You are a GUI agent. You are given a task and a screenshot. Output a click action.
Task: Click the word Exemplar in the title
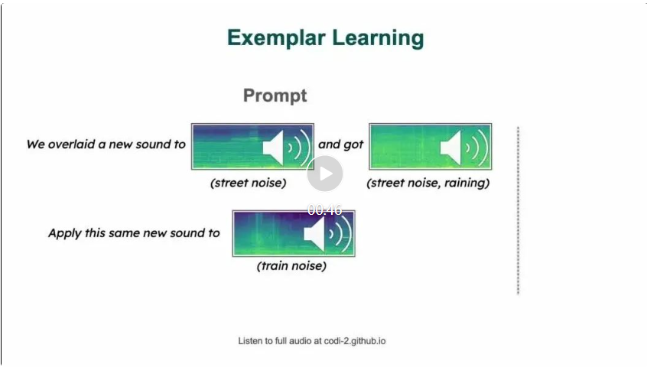tap(276, 38)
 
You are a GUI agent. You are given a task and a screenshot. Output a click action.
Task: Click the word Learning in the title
tap(378, 38)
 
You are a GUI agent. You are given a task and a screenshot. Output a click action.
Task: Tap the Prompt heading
tap(275, 96)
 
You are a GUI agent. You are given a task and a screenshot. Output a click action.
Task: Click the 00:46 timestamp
tap(325, 210)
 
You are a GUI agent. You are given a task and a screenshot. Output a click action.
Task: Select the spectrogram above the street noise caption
tap(252, 146)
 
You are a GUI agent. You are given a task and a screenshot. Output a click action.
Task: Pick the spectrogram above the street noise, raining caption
tap(431, 146)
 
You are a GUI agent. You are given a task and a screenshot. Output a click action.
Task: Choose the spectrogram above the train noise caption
tap(294, 233)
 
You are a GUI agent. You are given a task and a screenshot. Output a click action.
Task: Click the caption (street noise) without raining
tap(249, 183)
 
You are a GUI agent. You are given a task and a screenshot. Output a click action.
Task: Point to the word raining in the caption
tap(467, 183)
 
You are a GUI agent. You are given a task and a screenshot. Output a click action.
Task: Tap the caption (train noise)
tap(291, 266)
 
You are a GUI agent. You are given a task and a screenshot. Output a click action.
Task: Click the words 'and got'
tap(341, 145)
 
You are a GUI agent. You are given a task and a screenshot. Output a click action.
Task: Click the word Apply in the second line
tap(65, 233)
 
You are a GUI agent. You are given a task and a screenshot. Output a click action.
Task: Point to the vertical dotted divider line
tap(519, 211)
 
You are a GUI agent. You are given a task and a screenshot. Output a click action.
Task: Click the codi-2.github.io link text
tap(355, 341)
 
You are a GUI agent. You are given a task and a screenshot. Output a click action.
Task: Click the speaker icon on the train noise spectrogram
tap(327, 234)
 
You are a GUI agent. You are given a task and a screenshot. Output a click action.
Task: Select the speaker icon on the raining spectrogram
tap(464, 148)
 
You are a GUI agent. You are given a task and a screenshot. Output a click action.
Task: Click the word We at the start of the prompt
tap(35, 145)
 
